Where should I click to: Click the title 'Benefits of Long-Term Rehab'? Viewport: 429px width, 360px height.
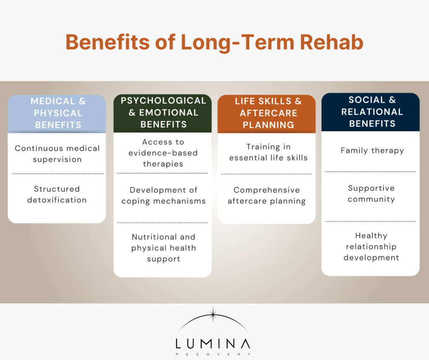[214, 42]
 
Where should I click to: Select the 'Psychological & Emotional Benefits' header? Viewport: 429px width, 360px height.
[163, 112]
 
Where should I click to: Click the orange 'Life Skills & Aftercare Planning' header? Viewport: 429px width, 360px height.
[267, 113]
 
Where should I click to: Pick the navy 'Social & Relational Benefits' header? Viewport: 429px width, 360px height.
[371, 112]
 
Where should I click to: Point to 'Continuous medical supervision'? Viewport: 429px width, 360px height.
[57, 154]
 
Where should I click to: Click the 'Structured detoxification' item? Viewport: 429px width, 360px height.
[57, 194]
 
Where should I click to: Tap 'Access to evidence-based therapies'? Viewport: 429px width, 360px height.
[163, 153]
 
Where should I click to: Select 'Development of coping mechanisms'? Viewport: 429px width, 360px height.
[163, 196]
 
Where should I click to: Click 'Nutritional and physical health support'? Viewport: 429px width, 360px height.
[163, 248]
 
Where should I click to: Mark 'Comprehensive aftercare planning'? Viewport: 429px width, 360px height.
[267, 196]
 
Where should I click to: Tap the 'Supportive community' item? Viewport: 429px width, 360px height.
[371, 194]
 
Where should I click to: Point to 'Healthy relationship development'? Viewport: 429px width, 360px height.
[371, 246]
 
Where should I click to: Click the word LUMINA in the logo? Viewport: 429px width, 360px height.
[213, 344]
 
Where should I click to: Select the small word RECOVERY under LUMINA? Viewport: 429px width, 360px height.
[213, 354]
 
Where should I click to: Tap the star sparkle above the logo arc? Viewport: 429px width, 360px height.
[213, 314]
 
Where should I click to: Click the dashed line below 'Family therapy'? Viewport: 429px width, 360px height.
[370, 172]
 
